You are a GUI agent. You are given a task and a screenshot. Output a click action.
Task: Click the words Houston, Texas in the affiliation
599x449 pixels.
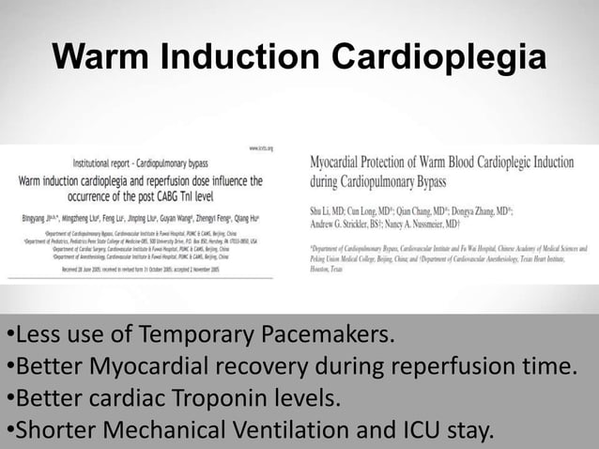point(330,268)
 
